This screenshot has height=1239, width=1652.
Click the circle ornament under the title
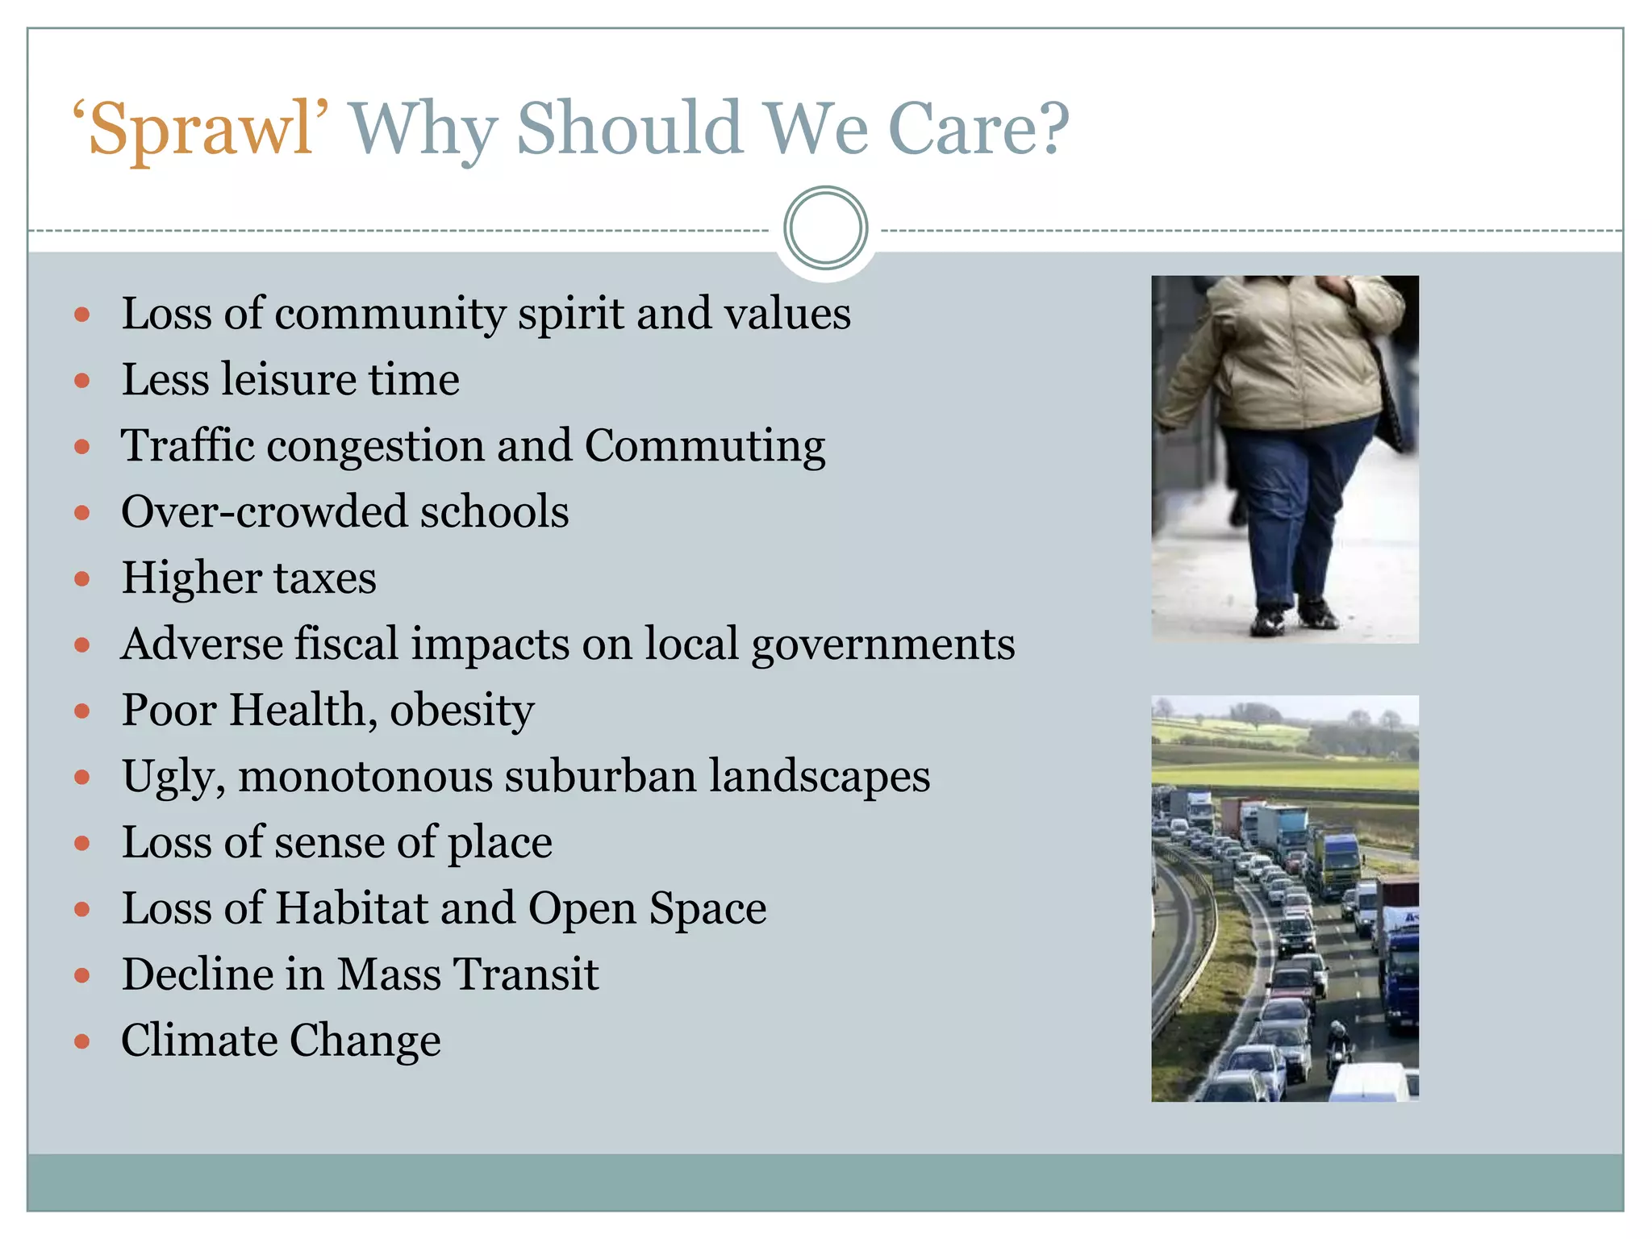pos(825,228)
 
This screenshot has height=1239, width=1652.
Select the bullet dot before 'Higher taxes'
pos(81,578)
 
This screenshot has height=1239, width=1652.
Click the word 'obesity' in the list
pos(461,711)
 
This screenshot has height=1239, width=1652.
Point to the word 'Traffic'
pos(187,445)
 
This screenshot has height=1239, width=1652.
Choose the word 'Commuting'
pos(704,447)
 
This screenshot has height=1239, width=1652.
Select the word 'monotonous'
pos(365,777)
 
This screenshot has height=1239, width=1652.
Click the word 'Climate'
pos(198,1040)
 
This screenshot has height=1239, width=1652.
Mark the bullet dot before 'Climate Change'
pos(81,1041)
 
